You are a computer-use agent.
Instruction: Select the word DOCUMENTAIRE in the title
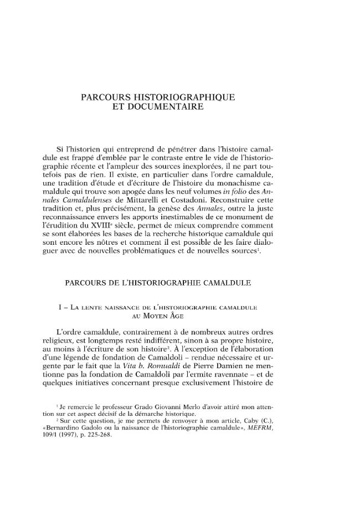click(x=159, y=107)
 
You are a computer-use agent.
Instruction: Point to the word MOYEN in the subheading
click(x=148, y=316)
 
